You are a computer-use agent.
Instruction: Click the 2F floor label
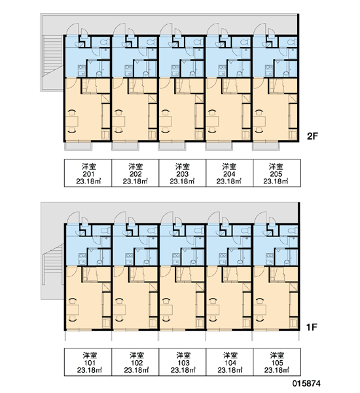pos(312,136)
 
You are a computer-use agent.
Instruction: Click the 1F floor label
pos(312,327)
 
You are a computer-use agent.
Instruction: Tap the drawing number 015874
pos(306,383)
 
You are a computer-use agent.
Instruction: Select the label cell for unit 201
pos(88,173)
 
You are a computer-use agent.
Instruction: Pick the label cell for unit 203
pos(183,173)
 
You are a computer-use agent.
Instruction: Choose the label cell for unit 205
pos(277,173)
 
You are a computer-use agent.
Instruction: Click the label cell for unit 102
pos(135,362)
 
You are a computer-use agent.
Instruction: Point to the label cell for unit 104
pos(230,362)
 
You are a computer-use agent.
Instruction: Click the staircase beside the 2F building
pos(52,56)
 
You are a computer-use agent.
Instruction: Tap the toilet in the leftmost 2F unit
pos(105,42)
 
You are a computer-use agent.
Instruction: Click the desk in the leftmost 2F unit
pos(72,122)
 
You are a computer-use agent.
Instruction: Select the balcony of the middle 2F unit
pos(172,146)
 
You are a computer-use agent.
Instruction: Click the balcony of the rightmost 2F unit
pos(266,146)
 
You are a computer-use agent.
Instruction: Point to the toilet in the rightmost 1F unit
pos(293,231)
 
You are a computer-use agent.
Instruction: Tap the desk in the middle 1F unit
pos(166,310)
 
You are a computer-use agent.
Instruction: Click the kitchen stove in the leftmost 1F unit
pos(82,259)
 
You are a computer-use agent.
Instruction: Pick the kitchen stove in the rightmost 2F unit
pos(269,71)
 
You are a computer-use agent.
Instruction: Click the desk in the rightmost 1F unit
pos(260,310)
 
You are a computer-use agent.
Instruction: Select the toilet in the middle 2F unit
pos(199,42)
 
